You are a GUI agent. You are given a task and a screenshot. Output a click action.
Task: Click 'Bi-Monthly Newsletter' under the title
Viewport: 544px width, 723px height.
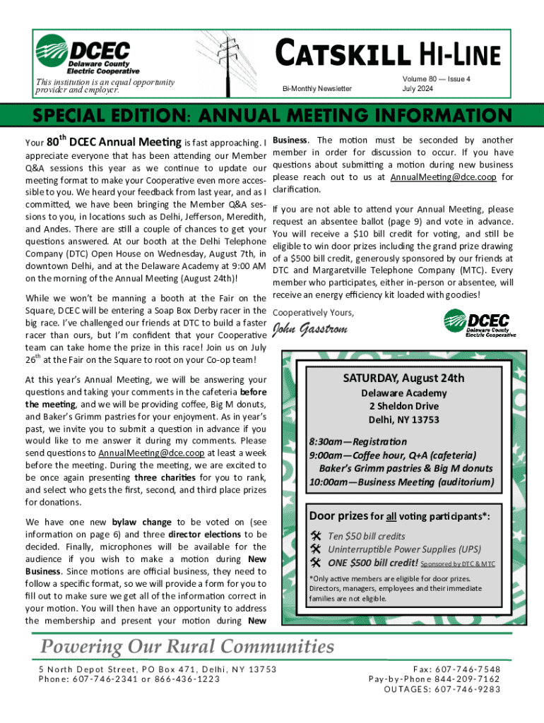tap(317, 89)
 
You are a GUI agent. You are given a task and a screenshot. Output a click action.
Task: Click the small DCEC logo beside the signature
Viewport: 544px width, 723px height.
tap(479, 323)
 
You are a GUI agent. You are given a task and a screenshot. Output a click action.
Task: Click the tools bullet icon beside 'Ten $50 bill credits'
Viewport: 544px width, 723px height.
tap(316, 537)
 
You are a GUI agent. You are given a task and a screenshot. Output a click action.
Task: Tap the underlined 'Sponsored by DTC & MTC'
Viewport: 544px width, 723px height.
tap(458, 564)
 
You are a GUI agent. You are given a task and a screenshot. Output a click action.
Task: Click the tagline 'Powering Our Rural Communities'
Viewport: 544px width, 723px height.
tap(187, 646)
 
